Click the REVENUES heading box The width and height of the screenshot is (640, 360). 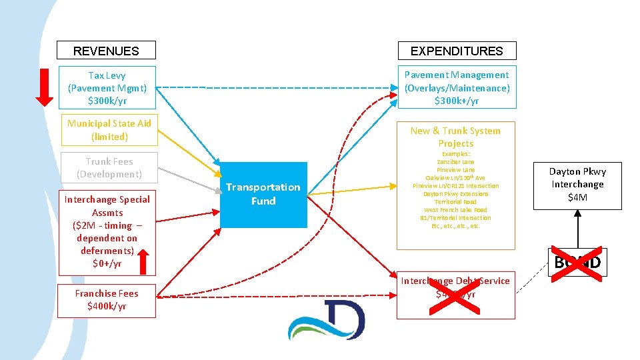(106, 51)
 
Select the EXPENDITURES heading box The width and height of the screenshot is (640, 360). (457, 51)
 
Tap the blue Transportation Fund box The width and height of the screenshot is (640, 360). (263, 194)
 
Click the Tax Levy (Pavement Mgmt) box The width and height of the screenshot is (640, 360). (107, 88)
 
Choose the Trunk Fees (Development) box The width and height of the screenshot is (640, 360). (109, 168)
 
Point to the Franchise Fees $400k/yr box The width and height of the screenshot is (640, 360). (107, 300)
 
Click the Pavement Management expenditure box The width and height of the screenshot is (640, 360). (457, 88)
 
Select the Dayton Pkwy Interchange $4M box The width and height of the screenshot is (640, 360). (577, 184)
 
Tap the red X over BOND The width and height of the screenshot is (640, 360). (577, 262)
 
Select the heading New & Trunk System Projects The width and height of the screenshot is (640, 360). (456, 137)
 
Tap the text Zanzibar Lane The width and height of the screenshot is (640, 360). (456, 162)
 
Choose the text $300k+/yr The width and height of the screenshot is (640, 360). (457, 101)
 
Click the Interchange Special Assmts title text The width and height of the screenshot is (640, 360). (107, 205)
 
